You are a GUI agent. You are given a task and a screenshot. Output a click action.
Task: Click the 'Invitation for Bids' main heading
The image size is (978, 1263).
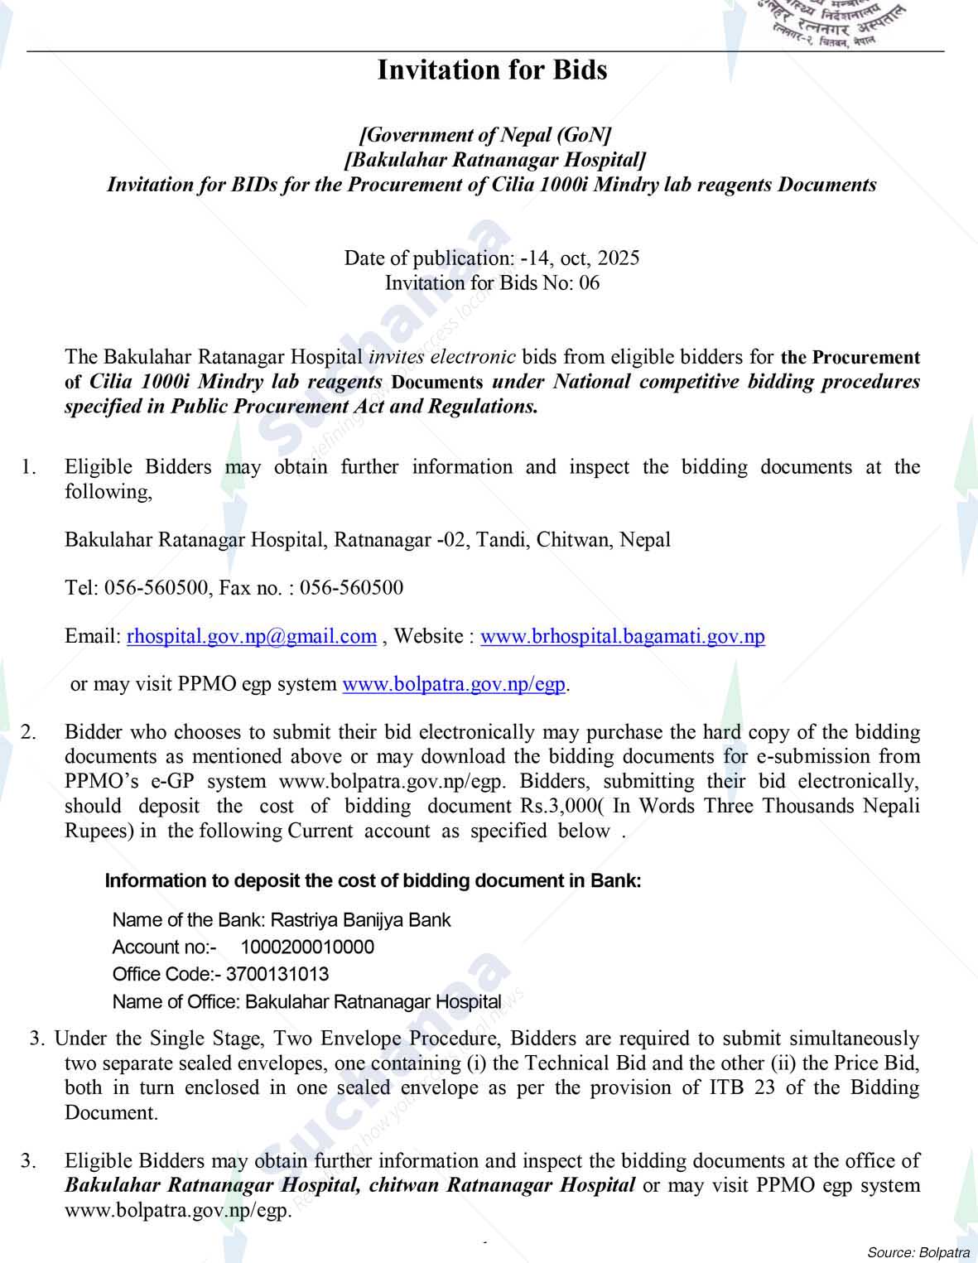coord(492,70)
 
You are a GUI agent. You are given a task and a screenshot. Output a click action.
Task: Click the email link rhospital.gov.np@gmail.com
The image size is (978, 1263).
coord(252,636)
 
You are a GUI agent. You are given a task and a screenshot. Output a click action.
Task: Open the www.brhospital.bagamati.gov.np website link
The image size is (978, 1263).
coord(622,636)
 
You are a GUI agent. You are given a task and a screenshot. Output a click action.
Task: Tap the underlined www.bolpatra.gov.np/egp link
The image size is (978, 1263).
coord(454,684)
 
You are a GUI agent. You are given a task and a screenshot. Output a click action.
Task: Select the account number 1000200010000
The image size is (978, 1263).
coord(307,947)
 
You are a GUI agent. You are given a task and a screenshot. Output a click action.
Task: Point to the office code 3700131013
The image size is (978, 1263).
coord(277,974)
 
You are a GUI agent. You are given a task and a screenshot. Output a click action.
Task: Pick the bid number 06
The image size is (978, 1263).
coord(590,283)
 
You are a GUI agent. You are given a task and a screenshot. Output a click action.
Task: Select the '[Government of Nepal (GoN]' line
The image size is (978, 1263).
coord(485,134)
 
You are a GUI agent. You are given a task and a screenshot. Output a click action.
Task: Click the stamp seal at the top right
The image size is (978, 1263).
coord(836,23)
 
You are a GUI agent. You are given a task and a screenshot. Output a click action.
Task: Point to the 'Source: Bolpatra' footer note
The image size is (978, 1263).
coord(918,1251)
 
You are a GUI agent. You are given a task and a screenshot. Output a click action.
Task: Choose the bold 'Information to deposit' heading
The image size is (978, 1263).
coord(373,880)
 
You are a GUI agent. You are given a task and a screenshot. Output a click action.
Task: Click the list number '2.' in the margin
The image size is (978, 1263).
coord(29,732)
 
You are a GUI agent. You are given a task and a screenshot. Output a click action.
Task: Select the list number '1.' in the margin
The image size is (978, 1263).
coord(29,467)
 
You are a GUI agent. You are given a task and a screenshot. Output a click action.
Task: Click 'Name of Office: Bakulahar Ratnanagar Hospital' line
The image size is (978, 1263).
coord(306,1001)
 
